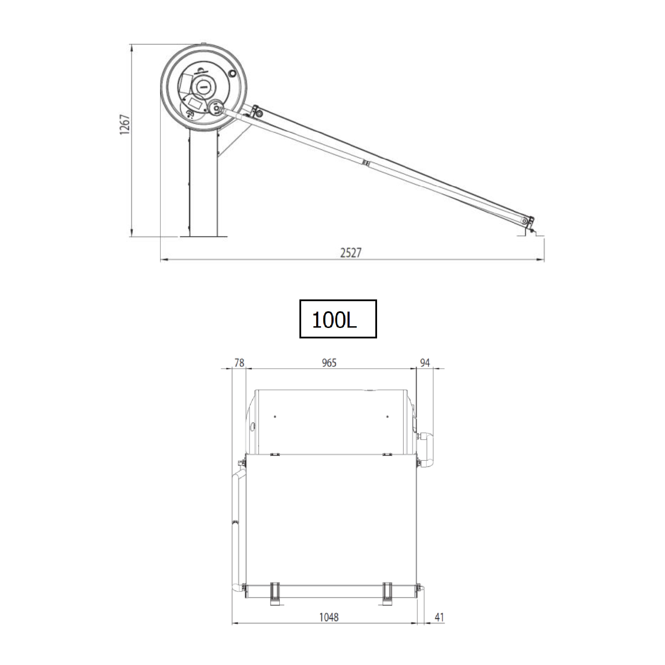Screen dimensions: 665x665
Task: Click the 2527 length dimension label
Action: pos(351,253)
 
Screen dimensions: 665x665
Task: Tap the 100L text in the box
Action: pos(334,320)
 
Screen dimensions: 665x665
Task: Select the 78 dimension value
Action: pos(239,363)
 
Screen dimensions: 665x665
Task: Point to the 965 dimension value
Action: pos(329,363)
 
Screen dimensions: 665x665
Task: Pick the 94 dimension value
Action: pos(425,363)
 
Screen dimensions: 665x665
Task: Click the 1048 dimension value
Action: pos(329,617)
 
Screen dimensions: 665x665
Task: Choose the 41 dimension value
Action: pos(439,617)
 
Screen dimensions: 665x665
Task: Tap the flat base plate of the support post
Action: pos(203,237)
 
